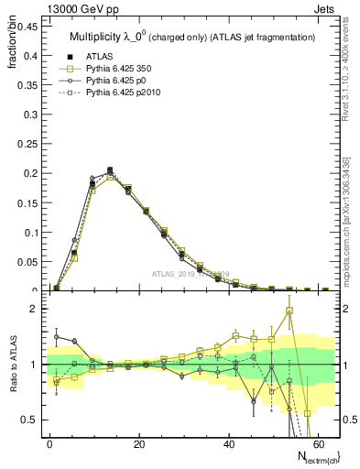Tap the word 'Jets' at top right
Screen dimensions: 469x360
[x=326, y=8]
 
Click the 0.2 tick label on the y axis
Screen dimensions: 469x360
[x=27, y=173]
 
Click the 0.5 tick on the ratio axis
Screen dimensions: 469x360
[x=27, y=420]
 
